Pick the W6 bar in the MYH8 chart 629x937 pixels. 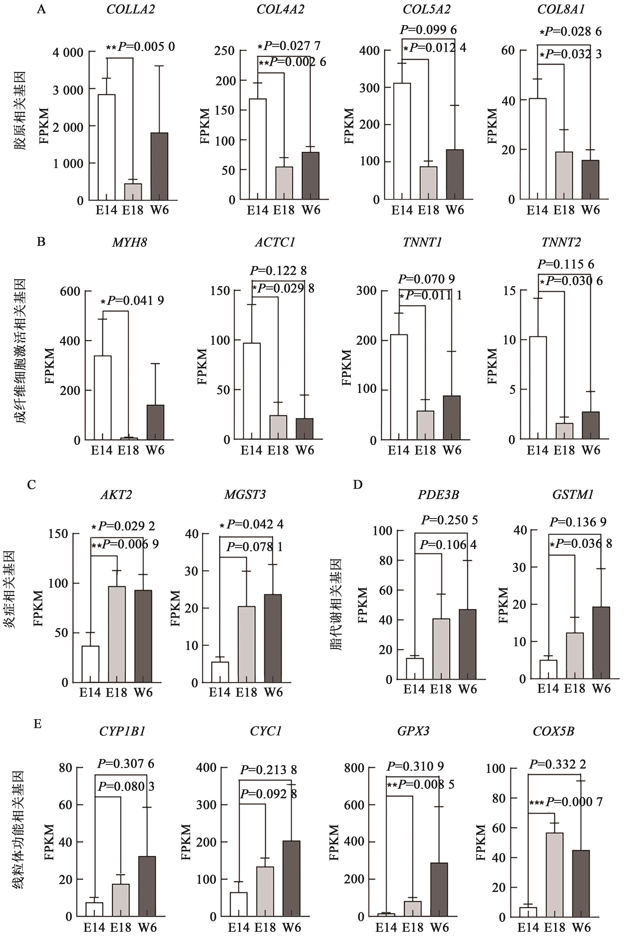[155, 422]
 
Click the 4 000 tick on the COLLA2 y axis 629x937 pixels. [68, 52]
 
